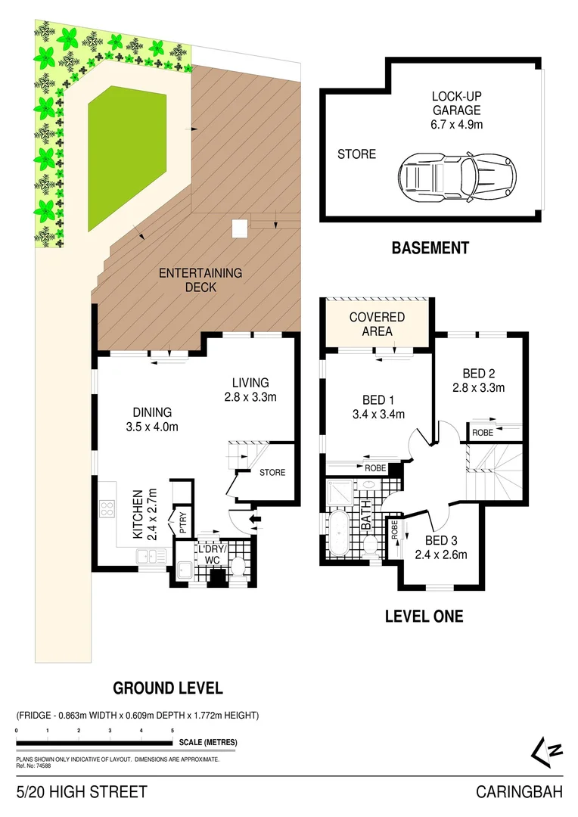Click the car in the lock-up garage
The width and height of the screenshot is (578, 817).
458,178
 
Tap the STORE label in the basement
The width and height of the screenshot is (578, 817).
356,154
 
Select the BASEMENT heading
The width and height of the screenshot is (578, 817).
430,248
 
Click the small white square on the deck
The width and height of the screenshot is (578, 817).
240,228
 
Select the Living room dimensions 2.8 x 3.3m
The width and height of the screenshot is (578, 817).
250,397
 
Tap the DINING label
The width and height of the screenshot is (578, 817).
152,412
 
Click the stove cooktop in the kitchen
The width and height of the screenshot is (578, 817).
107,509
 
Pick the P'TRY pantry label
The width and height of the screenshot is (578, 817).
182,522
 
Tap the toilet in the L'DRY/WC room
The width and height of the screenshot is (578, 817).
236,567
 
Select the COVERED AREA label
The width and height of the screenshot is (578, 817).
377,325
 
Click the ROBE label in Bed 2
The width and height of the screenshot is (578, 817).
482,432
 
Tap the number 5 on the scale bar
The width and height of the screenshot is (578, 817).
172,731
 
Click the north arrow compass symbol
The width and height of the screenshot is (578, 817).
546,751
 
